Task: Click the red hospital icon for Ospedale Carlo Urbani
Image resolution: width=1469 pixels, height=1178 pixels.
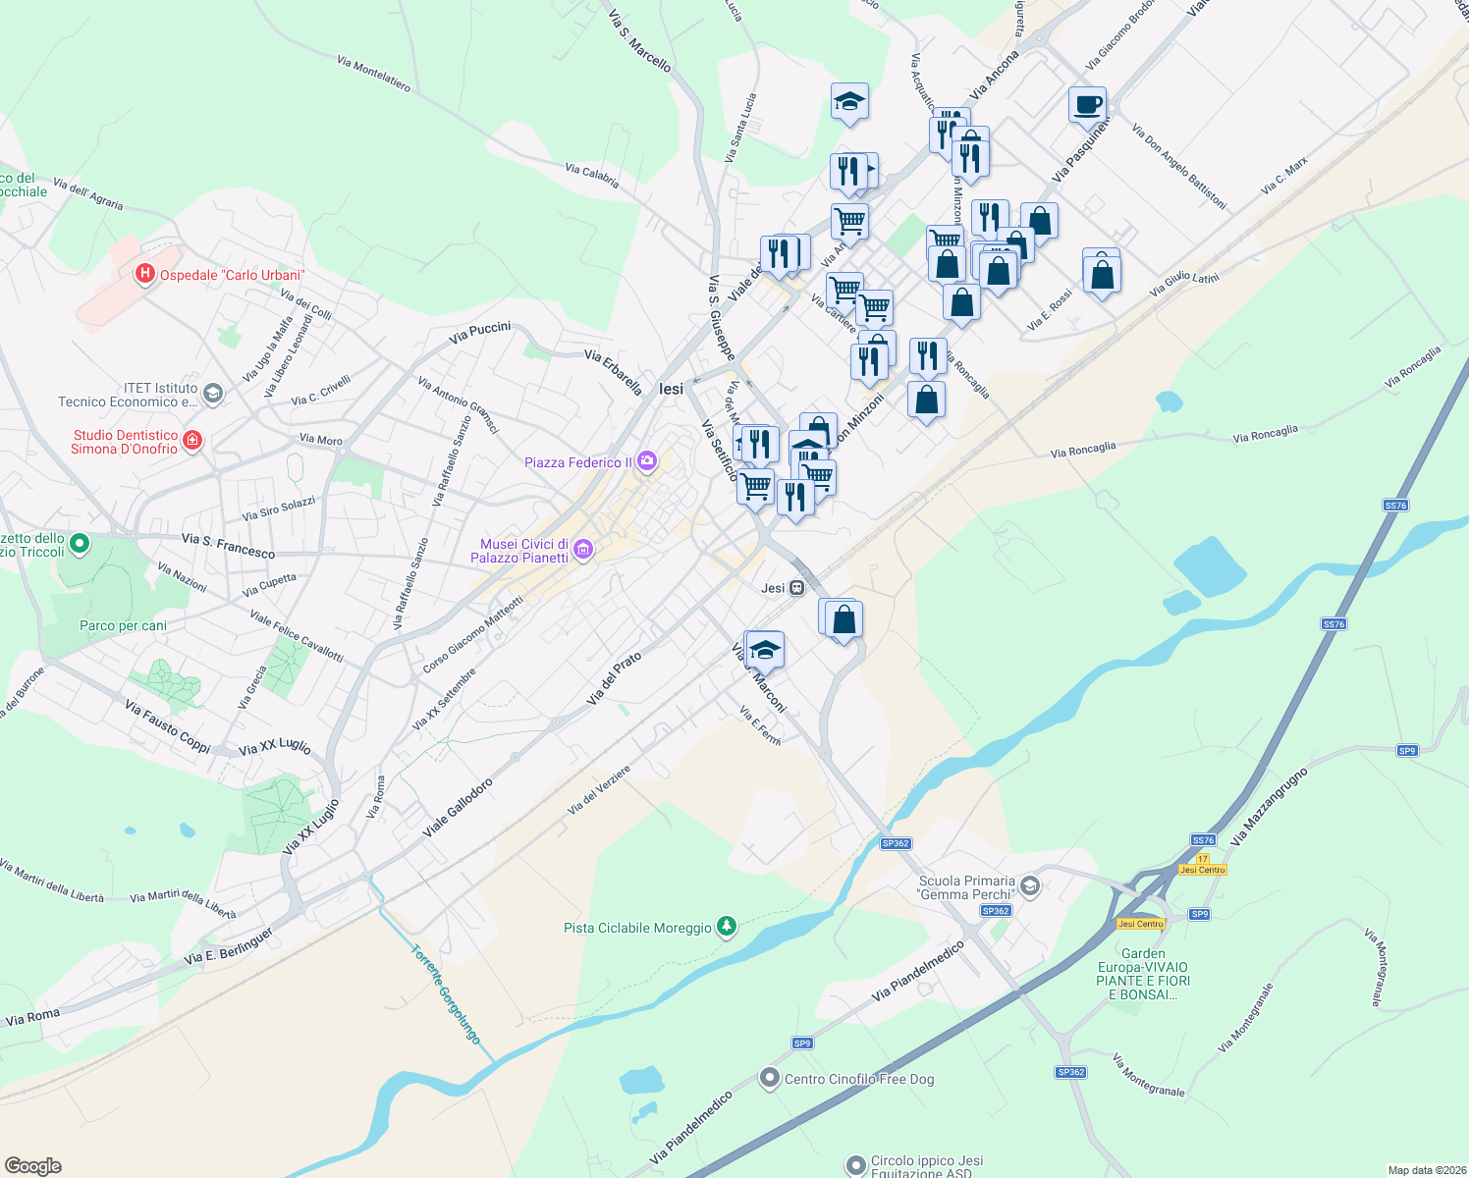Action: (145, 274)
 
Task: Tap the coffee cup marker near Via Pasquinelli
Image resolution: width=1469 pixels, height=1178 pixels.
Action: (1087, 105)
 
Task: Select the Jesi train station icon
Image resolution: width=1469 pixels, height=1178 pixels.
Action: (797, 588)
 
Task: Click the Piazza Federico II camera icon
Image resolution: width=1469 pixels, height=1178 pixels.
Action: (646, 460)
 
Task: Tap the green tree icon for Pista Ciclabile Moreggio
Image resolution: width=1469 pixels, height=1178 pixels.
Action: (726, 926)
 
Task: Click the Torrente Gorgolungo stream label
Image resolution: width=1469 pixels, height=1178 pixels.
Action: (447, 994)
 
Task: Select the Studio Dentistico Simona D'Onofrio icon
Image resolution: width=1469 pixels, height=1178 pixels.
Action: (192, 440)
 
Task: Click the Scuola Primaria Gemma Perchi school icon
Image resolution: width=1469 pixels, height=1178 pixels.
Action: (1029, 886)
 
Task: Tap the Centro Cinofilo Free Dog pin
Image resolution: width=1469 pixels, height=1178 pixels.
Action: (770, 1078)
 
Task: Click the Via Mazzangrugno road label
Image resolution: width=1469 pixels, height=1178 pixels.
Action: (1269, 807)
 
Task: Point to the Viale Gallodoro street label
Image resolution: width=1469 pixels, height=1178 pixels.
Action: (458, 808)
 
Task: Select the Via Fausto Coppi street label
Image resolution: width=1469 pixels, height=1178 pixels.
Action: (168, 725)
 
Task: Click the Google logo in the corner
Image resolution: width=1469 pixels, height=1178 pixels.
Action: (33, 1165)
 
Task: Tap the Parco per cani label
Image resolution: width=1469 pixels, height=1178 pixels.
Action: (123, 625)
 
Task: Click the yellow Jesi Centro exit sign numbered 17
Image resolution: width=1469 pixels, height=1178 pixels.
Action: (1203, 865)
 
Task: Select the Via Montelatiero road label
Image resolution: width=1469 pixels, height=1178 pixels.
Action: (373, 74)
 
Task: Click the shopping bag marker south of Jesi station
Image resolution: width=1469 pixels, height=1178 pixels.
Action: (843, 620)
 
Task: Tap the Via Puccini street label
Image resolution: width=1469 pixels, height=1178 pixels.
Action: (479, 332)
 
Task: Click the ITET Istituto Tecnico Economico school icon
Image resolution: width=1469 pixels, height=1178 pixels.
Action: (213, 394)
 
